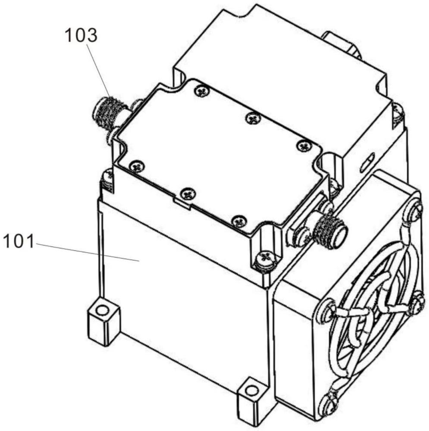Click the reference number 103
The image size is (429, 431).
point(81,36)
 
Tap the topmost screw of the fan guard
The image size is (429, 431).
point(414,210)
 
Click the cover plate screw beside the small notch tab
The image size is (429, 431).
point(187,194)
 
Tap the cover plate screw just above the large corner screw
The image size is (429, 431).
point(238,222)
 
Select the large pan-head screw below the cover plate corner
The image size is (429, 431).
point(263,259)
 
